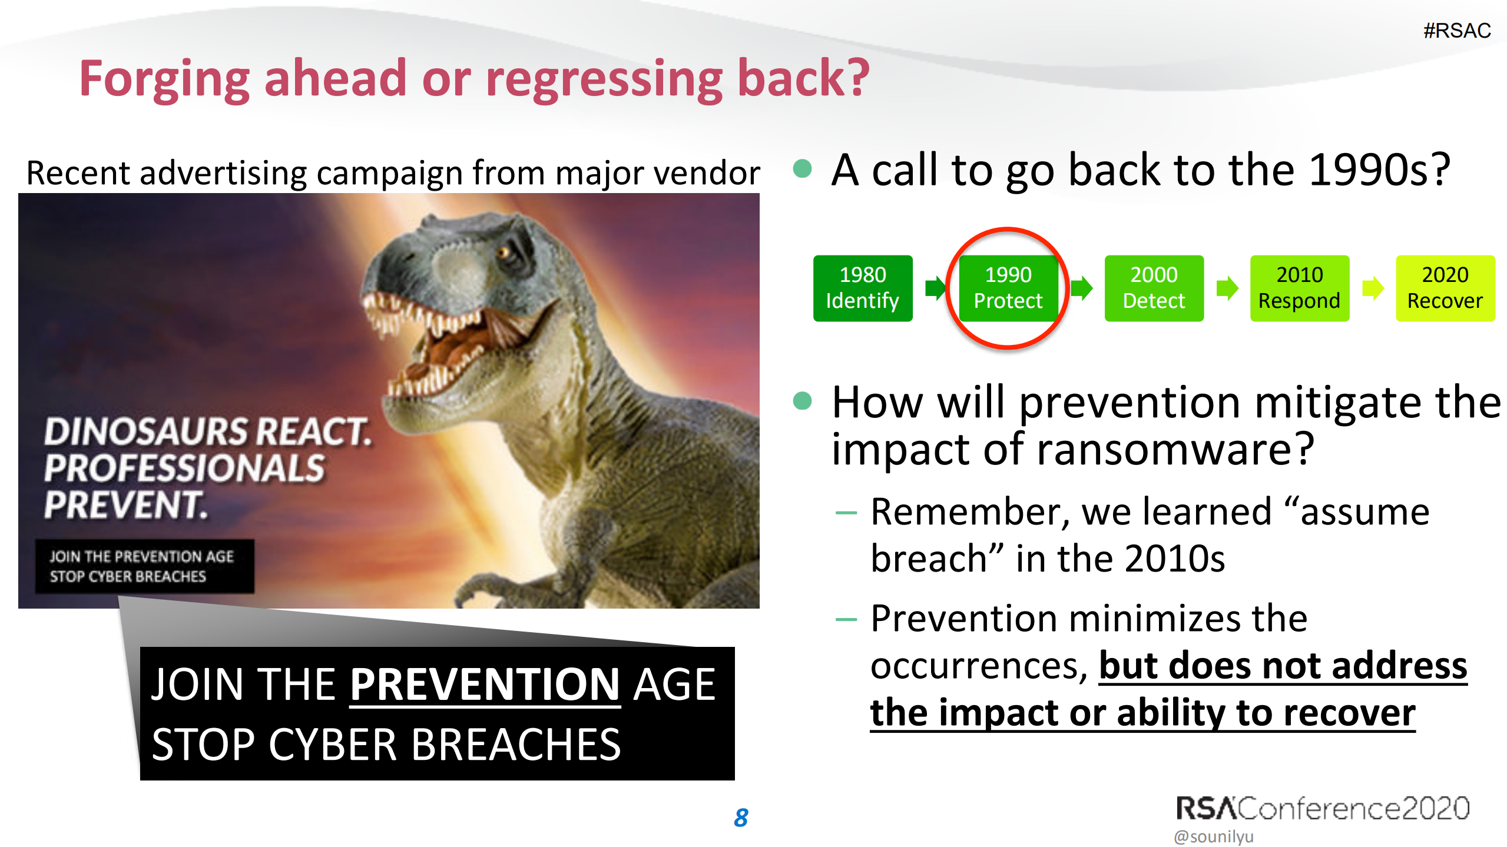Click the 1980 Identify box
click(x=863, y=288)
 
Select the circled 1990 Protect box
click(x=1008, y=288)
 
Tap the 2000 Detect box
click(x=1154, y=288)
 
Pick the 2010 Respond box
click(x=1300, y=288)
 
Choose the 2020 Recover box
click(x=1445, y=288)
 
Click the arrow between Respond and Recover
click(x=1373, y=288)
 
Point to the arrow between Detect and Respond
click(x=1227, y=288)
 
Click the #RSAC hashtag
click(x=1457, y=31)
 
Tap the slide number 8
click(x=741, y=818)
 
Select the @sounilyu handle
click(x=1214, y=836)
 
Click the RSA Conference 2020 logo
click(x=1323, y=808)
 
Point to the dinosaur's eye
click(x=503, y=254)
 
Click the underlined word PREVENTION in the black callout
click(x=485, y=685)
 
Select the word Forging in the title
click(x=165, y=80)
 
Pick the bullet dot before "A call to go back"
click(x=802, y=169)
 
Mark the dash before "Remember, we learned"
click(x=846, y=513)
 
